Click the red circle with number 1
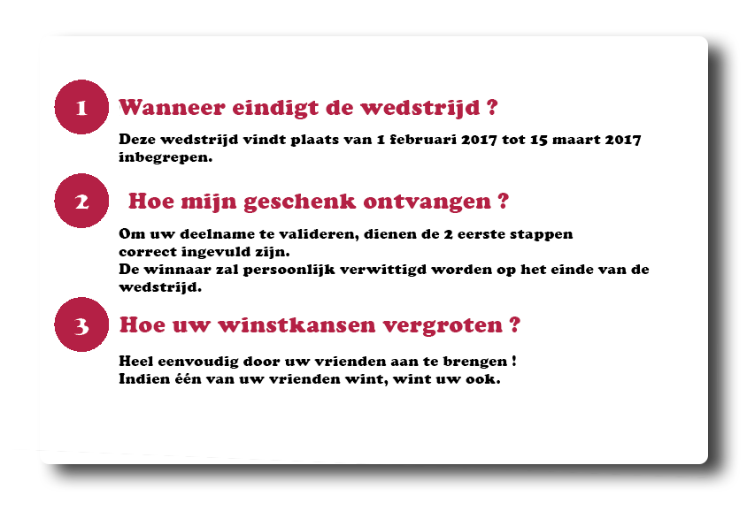[x=81, y=107]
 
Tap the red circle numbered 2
[x=81, y=201]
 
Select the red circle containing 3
[x=81, y=324]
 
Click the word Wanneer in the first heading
[x=172, y=107]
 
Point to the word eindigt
[x=275, y=109]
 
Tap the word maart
[x=575, y=140]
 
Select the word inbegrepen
[x=165, y=157]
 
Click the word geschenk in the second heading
[x=300, y=202]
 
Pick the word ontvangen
[x=427, y=202]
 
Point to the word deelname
[x=217, y=234]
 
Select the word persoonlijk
[x=289, y=271]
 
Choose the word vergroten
[x=443, y=326]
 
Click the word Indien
[x=141, y=379]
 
